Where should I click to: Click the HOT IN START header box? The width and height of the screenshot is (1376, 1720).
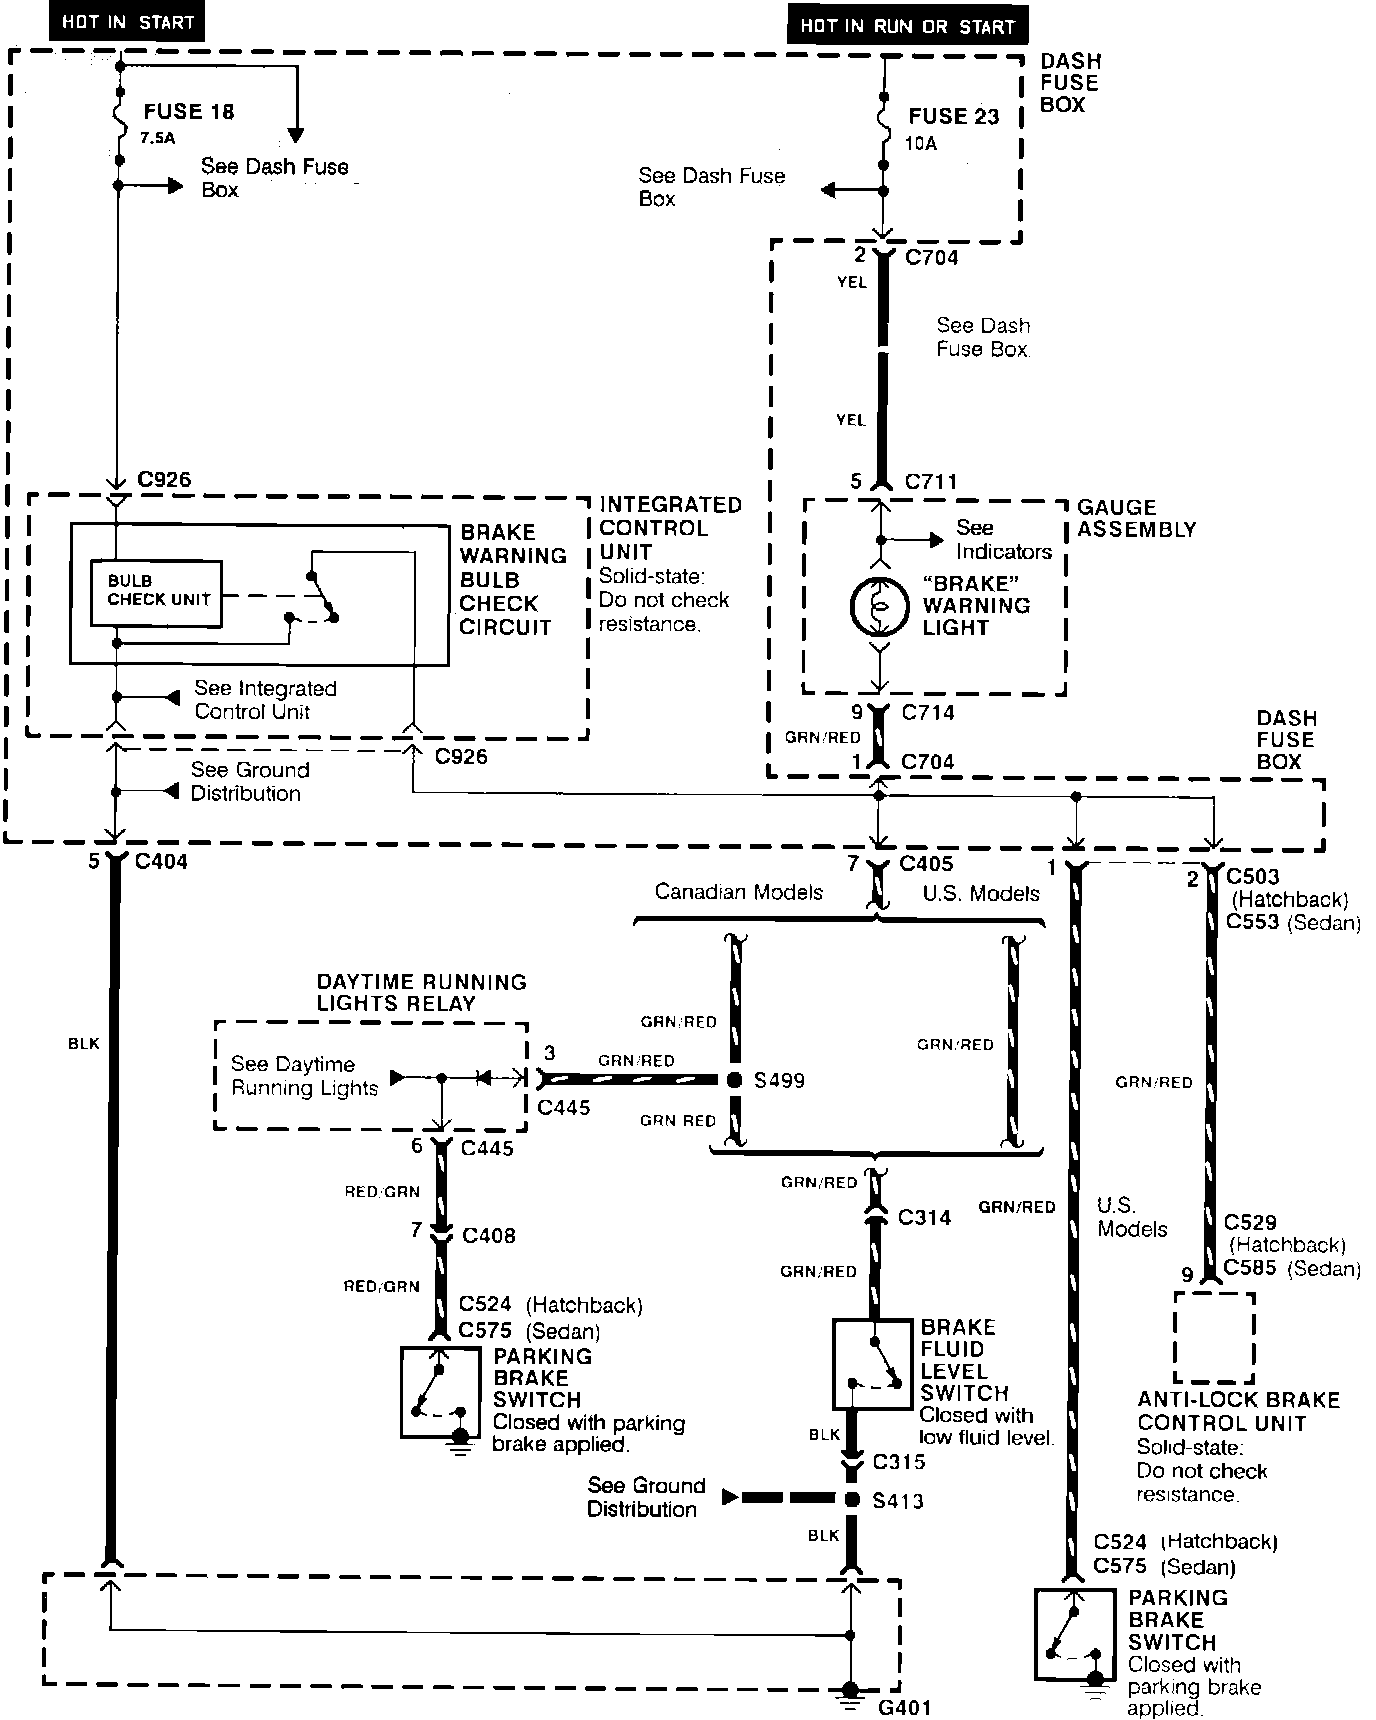point(127,22)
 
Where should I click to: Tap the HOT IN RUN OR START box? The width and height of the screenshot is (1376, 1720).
point(907,26)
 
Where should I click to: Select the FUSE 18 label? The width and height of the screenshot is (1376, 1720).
point(188,112)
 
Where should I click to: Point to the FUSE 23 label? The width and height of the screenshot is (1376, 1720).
point(953,117)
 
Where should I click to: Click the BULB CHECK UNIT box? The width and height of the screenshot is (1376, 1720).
point(157,592)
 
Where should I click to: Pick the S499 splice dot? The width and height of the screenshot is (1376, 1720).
point(734,1080)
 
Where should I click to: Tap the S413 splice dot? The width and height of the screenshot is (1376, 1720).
point(852,1499)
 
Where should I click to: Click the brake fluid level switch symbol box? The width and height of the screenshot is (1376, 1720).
point(873,1364)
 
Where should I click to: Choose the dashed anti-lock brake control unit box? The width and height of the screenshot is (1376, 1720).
point(1213,1337)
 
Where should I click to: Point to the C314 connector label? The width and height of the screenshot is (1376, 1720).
point(924,1218)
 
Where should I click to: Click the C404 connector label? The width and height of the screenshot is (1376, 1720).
point(160,861)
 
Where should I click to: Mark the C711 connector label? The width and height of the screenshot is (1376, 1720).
point(930,482)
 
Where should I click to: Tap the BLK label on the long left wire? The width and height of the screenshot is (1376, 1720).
point(84,1043)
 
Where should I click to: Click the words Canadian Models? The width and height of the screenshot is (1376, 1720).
point(738,892)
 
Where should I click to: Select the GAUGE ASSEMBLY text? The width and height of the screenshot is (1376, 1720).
point(1136,518)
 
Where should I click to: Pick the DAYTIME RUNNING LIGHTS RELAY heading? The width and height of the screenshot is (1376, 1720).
point(421,992)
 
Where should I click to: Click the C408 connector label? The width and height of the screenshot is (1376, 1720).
point(488,1236)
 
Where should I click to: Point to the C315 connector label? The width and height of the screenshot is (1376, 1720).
point(898,1462)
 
